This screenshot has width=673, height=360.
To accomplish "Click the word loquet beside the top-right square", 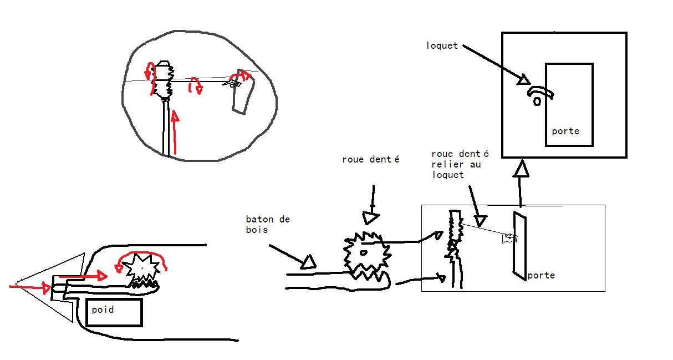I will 442,45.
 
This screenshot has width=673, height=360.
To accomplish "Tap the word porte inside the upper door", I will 565,131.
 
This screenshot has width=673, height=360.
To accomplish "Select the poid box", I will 115,312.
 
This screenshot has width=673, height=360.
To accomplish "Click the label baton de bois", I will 268,225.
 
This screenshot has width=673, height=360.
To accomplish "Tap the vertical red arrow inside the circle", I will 175,132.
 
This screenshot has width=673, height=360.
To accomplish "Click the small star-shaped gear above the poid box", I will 141,269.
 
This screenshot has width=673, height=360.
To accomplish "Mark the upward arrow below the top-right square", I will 519,182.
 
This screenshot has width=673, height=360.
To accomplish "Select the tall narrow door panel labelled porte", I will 519,246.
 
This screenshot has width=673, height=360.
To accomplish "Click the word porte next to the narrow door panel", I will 541,275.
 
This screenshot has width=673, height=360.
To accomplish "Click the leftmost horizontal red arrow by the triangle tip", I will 30,287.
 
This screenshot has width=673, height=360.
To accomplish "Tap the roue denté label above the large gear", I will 371,160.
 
